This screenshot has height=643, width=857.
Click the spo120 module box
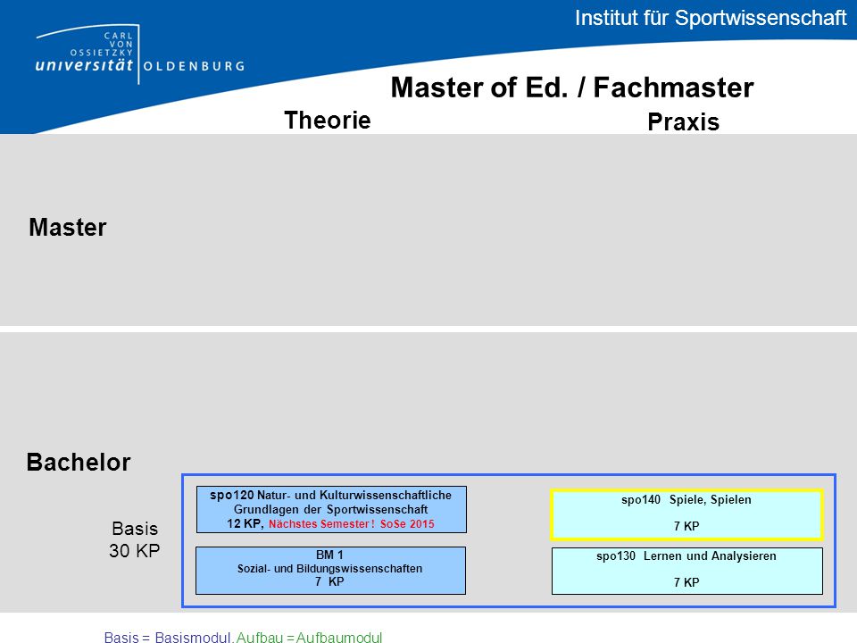pos(331,510)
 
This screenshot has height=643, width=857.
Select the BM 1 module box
pos(330,571)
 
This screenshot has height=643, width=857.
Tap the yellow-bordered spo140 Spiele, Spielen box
pos(687,514)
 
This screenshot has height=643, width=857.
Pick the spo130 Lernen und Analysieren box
pos(687,571)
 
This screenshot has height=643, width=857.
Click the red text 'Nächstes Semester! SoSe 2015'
pos(352,524)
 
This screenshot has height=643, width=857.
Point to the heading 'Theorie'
pos(328,121)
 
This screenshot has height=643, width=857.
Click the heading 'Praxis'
pos(683,122)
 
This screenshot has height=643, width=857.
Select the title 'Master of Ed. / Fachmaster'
pos(572,88)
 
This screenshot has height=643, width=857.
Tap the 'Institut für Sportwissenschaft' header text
pos(711,18)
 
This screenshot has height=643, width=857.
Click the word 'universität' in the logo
pos(84,65)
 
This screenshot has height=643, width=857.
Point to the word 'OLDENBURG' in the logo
pos(194,66)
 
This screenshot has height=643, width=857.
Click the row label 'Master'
pos(68,228)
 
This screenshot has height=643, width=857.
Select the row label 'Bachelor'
pos(79,463)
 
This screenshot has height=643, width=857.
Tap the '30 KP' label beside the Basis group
pos(135,551)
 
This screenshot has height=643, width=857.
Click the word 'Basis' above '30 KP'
pos(135,529)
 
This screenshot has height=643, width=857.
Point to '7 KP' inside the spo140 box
pos(686,526)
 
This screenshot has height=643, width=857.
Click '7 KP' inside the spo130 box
pos(686,582)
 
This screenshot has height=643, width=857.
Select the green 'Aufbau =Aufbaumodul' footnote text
pos(310,637)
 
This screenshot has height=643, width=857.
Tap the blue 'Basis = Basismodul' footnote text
pos(169,637)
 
